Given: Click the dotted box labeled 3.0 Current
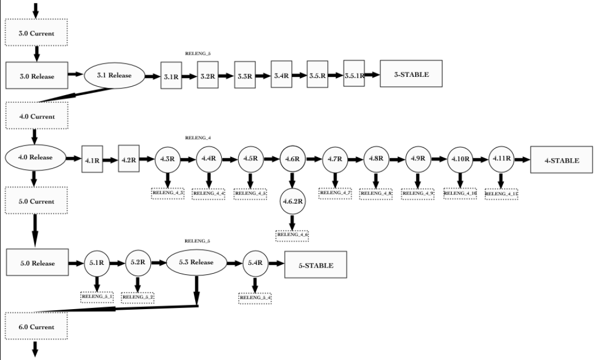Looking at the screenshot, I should [37, 33].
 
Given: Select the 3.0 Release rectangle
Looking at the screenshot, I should [37, 76].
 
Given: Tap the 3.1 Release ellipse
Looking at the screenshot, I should [114, 75].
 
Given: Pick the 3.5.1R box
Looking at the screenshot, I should [354, 76].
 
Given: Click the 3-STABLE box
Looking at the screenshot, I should [411, 74].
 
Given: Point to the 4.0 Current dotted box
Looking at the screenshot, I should [37, 116].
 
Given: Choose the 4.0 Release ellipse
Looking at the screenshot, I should [35, 157].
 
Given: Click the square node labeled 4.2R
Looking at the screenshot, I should [129, 159].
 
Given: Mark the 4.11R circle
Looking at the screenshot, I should [501, 159].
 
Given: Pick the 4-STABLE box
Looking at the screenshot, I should [562, 160].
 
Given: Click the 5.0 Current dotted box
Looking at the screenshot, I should [37, 201].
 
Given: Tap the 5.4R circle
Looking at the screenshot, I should [255, 263].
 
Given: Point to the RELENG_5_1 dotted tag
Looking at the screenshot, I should [97, 297].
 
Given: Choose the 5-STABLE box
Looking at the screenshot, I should [316, 265].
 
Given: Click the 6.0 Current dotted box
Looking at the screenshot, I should [37, 327].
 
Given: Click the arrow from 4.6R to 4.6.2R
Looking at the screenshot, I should [292, 180].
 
